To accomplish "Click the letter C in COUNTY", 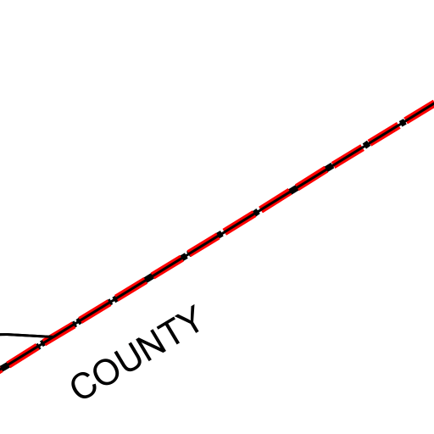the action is point(84,385).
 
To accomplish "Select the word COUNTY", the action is point(135,352).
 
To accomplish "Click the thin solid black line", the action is point(25,335).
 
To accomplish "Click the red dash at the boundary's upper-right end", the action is point(420,111).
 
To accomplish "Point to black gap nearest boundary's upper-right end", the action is point(403,123).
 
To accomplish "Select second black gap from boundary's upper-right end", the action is point(366,145).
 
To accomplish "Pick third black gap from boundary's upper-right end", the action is point(330,167).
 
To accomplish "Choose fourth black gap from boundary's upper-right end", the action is point(293,189).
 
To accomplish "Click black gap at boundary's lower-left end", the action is point(4,367).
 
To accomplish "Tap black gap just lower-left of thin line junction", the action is point(42,344).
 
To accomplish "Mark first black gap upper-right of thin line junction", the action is point(77,322).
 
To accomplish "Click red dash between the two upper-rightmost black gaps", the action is point(385,134).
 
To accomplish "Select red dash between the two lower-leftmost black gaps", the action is point(23,355).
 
